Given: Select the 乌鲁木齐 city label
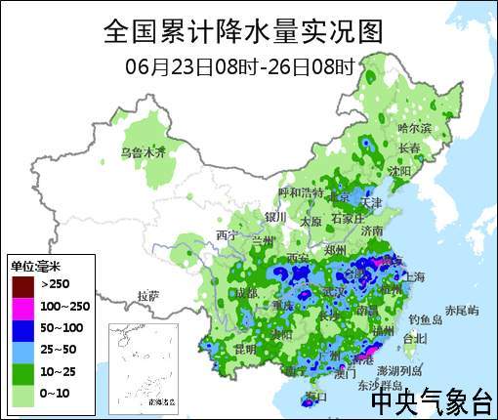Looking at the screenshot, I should click(x=144, y=152).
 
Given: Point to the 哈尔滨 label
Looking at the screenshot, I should click(x=415, y=128).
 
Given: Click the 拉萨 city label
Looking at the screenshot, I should click(x=148, y=294).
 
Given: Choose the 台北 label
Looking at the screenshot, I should click(x=415, y=338).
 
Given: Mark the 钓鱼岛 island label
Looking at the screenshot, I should click(x=426, y=319).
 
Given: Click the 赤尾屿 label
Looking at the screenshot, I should click(x=462, y=310).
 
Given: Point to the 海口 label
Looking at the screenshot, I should click(x=314, y=397).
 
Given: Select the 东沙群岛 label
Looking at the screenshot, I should click(x=378, y=385).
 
